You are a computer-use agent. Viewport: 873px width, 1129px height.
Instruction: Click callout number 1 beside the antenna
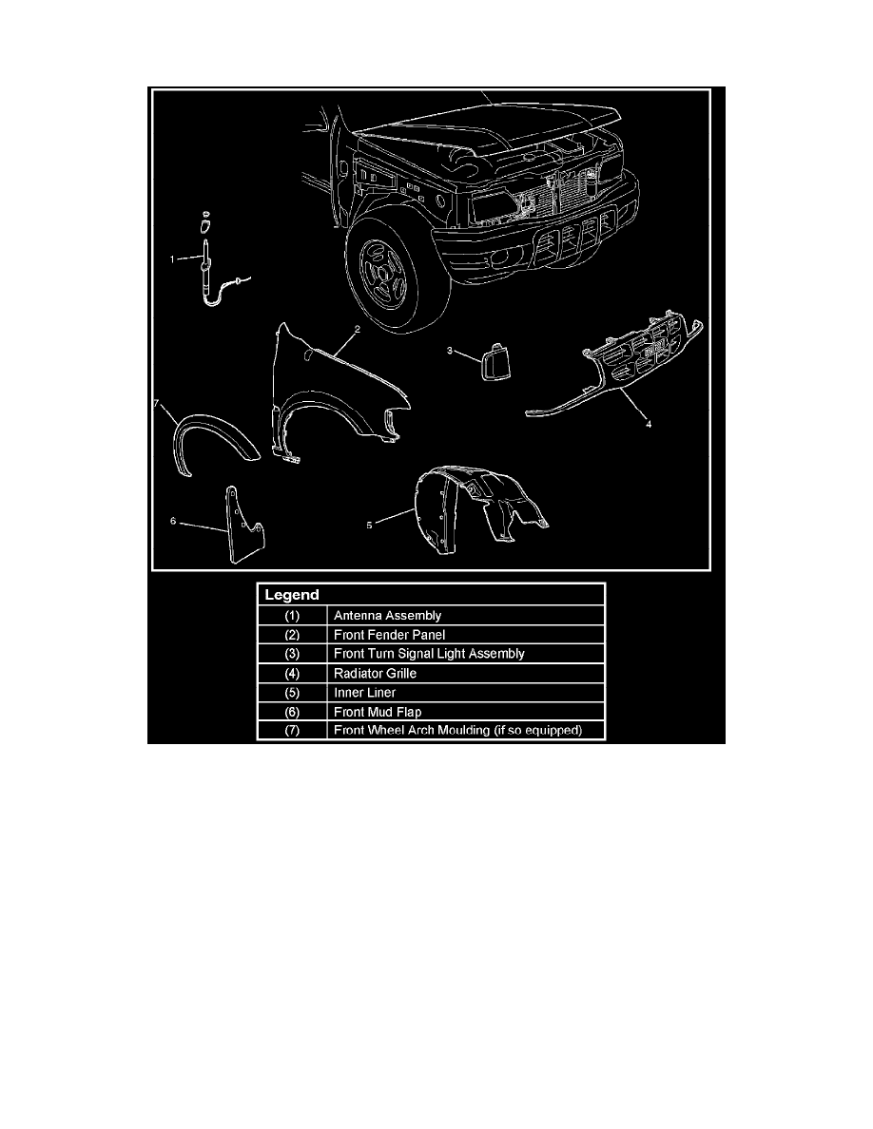(x=173, y=258)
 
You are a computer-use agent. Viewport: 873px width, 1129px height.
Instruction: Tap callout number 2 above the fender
(x=357, y=330)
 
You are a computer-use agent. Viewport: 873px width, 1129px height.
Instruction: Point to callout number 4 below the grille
(x=649, y=425)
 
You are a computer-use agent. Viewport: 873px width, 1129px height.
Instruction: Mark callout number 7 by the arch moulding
(x=158, y=404)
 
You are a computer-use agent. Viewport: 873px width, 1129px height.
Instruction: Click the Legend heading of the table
(x=285, y=595)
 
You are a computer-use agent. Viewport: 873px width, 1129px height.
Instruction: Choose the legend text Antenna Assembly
(x=387, y=616)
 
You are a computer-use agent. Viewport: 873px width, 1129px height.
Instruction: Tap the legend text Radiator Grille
(x=376, y=673)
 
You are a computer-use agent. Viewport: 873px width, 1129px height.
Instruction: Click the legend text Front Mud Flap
(x=378, y=711)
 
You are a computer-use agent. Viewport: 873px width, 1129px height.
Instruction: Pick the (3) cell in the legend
(x=292, y=654)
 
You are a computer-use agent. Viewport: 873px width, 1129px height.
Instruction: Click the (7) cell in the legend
(x=292, y=730)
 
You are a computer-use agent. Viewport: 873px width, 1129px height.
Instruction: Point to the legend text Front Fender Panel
(x=390, y=635)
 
